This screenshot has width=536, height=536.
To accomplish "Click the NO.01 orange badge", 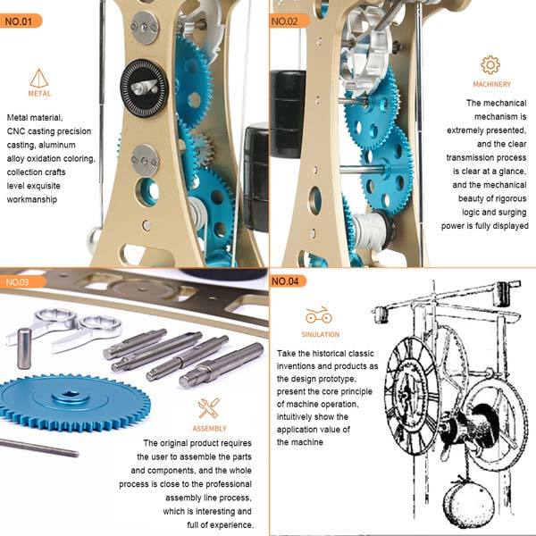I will tap(21, 21).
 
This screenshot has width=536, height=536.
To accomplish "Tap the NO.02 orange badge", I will tap(290, 21).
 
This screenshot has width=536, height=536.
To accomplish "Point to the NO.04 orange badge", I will tap(291, 281).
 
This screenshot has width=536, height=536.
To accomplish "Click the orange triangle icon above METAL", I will tap(38, 78).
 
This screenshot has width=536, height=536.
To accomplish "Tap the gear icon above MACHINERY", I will tap(490, 64).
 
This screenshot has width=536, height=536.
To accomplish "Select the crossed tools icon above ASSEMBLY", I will tap(208, 408).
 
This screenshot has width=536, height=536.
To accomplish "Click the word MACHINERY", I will tap(491, 85).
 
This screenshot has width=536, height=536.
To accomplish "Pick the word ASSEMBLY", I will tap(208, 428).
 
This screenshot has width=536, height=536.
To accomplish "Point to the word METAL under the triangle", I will tap(38, 93).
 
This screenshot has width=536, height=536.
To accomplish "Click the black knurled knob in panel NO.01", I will tap(143, 87).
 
